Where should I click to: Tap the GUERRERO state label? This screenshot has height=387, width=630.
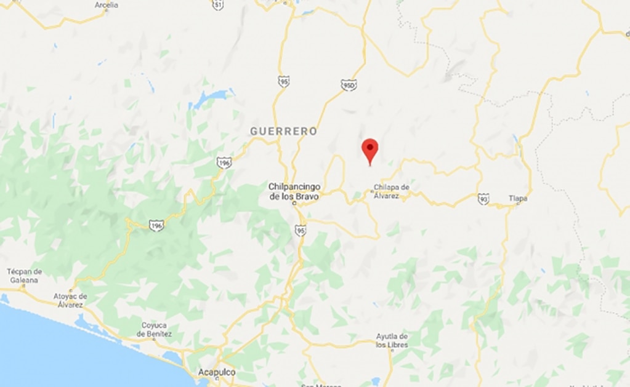[x=283, y=131]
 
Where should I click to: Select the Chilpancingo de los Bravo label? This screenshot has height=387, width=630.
[x=294, y=191]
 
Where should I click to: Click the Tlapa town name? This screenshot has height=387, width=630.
[x=518, y=198]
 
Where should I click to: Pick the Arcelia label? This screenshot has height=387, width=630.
[x=107, y=5]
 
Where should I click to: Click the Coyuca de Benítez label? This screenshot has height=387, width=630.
[x=154, y=330]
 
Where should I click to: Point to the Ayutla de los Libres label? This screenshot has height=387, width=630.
[x=392, y=341]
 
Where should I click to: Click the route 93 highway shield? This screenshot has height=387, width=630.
[x=483, y=198]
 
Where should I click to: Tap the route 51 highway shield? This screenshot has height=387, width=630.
[x=218, y=4]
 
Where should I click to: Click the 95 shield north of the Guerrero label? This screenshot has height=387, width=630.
[x=283, y=81]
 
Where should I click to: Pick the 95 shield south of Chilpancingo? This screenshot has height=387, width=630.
[x=301, y=230]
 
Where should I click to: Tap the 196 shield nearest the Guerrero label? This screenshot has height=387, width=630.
[x=224, y=162]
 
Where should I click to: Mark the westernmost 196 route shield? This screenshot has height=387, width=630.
[x=156, y=225]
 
